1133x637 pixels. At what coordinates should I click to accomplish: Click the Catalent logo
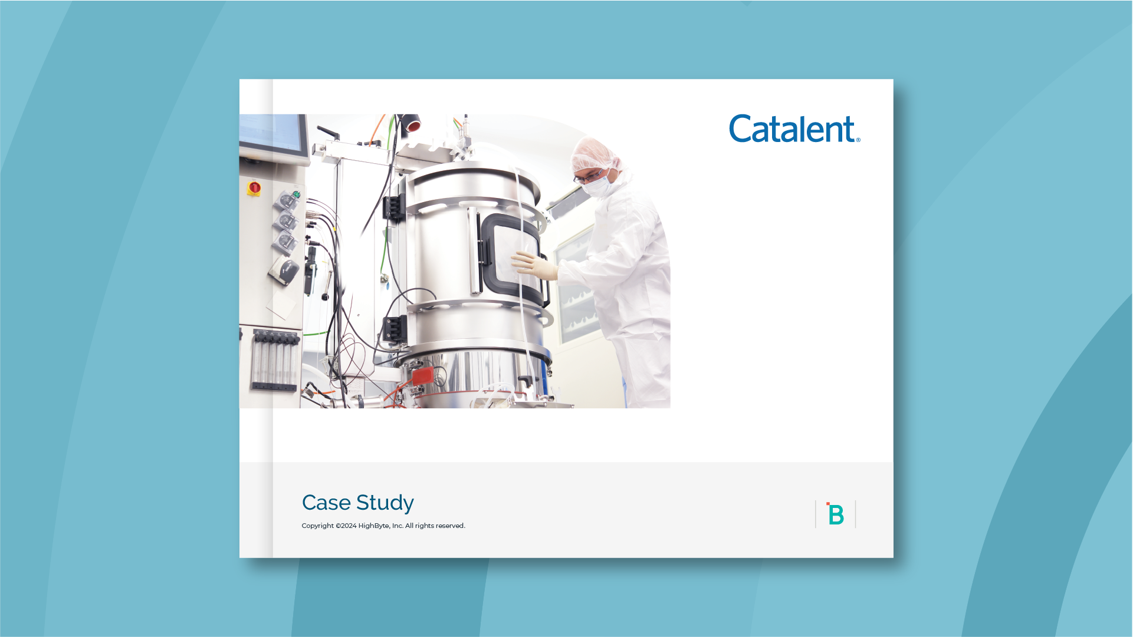click(794, 128)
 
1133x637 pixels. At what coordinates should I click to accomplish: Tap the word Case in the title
click(326, 503)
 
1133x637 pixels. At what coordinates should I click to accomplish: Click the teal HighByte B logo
click(835, 514)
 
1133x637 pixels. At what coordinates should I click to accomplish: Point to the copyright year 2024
click(349, 526)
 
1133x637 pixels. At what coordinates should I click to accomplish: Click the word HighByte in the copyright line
click(374, 526)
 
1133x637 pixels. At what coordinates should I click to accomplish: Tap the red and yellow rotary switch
click(254, 188)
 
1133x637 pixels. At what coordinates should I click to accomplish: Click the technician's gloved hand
click(534, 266)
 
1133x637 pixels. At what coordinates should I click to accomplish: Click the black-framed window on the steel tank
click(513, 258)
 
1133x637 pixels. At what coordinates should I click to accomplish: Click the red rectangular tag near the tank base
click(423, 376)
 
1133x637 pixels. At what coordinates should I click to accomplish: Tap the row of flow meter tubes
click(275, 360)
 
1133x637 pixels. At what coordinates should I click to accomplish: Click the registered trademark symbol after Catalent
click(858, 140)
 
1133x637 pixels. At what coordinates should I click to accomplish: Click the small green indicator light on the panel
click(297, 194)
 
